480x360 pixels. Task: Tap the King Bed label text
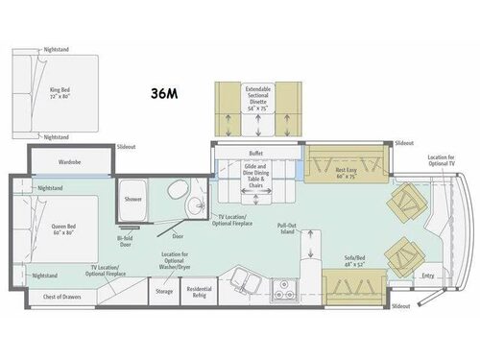(x=60, y=92)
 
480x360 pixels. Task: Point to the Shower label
(x=133, y=200)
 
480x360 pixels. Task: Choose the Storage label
(x=164, y=290)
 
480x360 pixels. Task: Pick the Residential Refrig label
(x=199, y=290)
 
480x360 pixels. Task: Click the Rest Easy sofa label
(x=346, y=174)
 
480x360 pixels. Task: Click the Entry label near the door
(x=428, y=276)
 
